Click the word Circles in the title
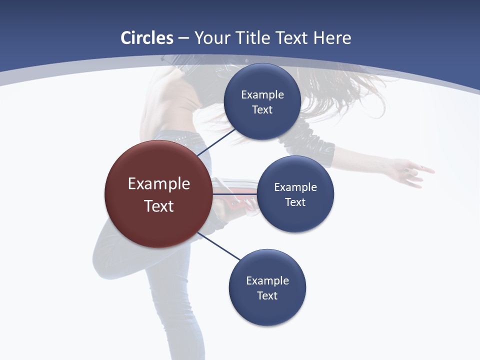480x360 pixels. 146,38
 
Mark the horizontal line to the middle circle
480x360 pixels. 235,194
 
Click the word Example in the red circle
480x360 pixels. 159,183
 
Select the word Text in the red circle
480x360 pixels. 159,206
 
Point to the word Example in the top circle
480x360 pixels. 262,94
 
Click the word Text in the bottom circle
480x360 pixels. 267,295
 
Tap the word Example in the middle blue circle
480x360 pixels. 295,187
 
